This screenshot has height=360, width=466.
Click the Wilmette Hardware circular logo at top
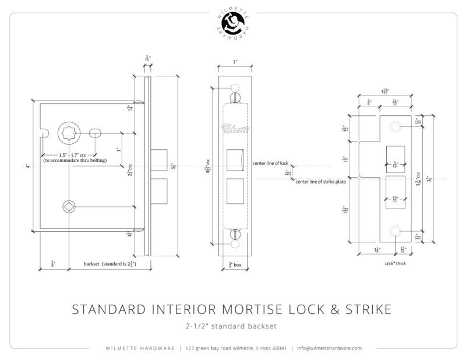tap(233, 24)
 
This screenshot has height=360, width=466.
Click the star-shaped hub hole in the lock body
tap(69, 133)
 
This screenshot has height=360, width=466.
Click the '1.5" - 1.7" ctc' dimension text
tap(68, 154)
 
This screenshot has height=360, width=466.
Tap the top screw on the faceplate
tap(235, 94)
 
